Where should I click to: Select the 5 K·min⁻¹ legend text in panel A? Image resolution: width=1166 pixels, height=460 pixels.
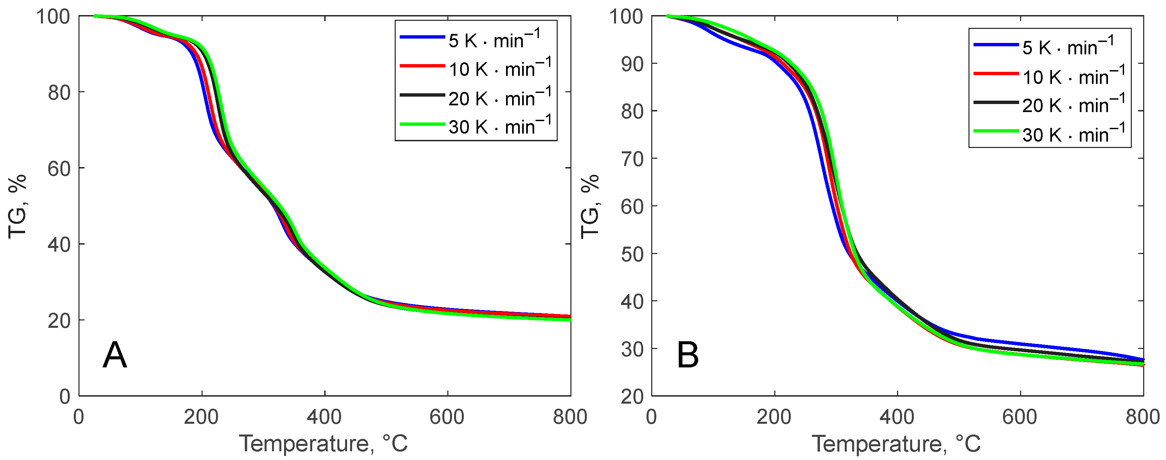coord(494,40)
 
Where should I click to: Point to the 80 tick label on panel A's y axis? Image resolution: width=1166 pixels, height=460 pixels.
coord(59,93)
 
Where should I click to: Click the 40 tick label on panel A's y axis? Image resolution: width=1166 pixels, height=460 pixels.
coord(59,245)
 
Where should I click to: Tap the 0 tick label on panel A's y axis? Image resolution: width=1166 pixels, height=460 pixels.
coord(65,397)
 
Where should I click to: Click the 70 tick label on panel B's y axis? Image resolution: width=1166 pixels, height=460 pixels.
coord(632,159)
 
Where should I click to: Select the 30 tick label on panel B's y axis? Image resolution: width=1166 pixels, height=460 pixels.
coord(632,349)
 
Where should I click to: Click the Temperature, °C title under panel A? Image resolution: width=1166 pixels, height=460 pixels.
coord(324,444)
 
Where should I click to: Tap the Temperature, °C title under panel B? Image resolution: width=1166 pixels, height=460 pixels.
coord(896,444)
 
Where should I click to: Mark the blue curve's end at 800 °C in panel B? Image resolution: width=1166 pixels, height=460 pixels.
coord(1143,359)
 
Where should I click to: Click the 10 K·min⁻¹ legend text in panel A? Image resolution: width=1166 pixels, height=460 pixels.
coord(500,68)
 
